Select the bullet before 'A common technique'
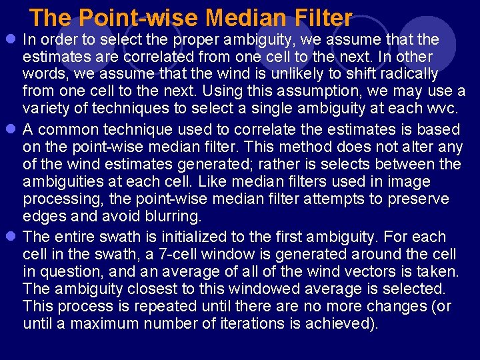[x=11, y=129]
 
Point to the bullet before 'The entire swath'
[x=11, y=237]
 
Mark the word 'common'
[x=68, y=129]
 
